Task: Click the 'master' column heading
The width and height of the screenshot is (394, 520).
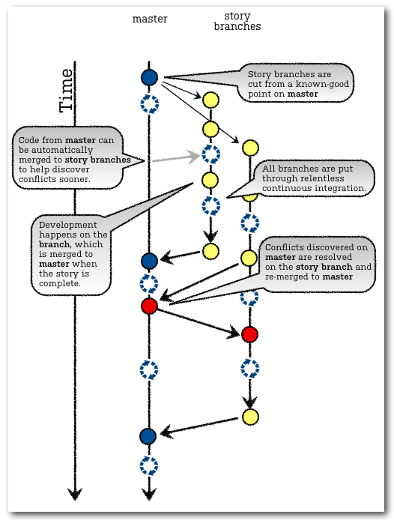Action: point(150,19)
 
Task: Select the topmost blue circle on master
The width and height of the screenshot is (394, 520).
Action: point(150,76)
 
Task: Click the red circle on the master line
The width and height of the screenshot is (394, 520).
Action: point(149,306)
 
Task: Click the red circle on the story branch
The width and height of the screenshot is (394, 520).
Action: point(250,334)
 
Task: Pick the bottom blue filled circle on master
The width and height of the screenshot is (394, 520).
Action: point(148,436)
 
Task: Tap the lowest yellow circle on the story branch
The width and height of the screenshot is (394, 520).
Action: point(250,417)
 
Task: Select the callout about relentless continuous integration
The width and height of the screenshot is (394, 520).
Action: point(313,179)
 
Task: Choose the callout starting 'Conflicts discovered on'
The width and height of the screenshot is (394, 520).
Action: point(318,262)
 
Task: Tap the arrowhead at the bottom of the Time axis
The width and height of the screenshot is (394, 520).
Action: point(74,493)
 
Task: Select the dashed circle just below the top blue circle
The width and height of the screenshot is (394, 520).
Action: point(150,103)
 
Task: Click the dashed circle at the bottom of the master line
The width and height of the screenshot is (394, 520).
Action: point(149,466)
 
